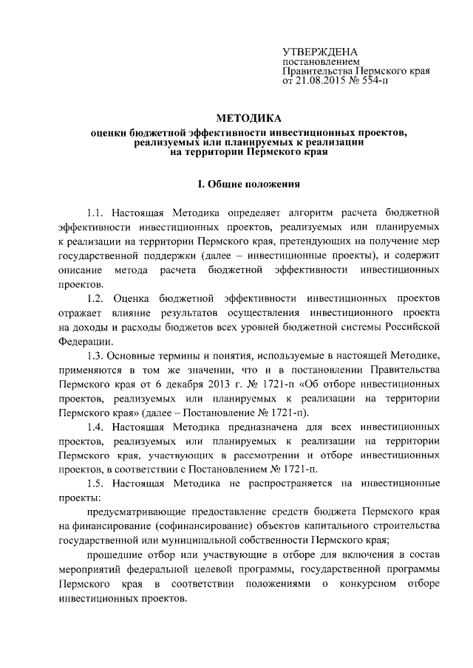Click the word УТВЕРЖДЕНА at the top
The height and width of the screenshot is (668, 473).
click(320, 51)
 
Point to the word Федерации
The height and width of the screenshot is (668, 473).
click(83, 340)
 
